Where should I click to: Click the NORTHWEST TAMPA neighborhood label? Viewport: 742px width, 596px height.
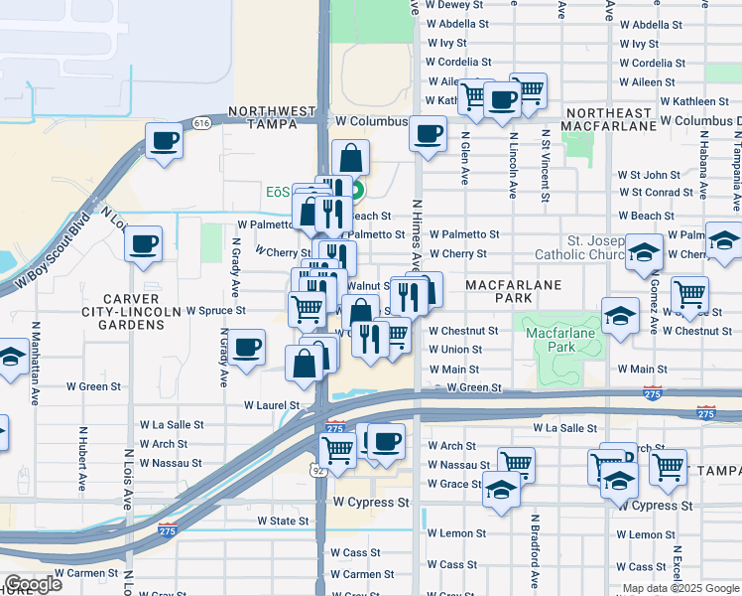click(x=264, y=117)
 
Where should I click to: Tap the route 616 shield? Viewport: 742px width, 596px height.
click(x=202, y=122)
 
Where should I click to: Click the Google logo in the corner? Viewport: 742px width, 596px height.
click(x=33, y=584)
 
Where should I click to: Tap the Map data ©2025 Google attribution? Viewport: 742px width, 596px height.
click(x=681, y=588)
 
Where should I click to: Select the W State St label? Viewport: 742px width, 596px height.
click(x=283, y=521)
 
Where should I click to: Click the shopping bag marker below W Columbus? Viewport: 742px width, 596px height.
click(x=350, y=157)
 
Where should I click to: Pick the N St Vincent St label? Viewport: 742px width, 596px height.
click(x=546, y=164)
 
